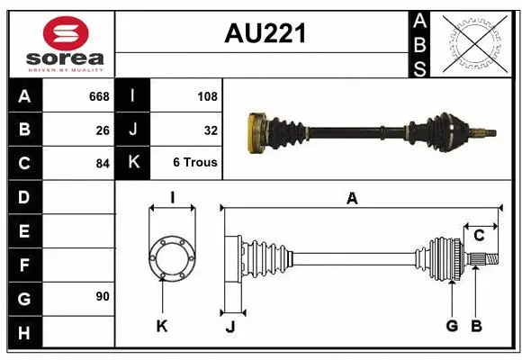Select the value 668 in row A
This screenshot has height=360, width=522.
(98, 96)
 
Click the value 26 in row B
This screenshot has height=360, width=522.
(103, 130)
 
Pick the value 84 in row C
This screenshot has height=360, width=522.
(103, 164)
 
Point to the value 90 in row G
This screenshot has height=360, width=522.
(103, 296)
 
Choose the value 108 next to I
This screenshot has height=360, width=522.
(207, 96)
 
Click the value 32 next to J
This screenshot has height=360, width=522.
(211, 130)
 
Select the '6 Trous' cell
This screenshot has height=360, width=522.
(195, 163)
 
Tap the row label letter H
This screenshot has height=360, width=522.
(23, 333)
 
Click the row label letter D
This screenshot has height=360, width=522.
(23, 197)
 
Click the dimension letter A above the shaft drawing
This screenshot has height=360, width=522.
(352, 199)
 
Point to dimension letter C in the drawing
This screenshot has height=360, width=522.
(479, 236)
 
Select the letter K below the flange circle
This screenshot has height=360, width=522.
(162, 326)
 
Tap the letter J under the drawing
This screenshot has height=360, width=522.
(229, 326)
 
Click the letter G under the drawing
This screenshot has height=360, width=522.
(452, 326)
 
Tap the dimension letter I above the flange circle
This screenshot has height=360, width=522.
(171, 198)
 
